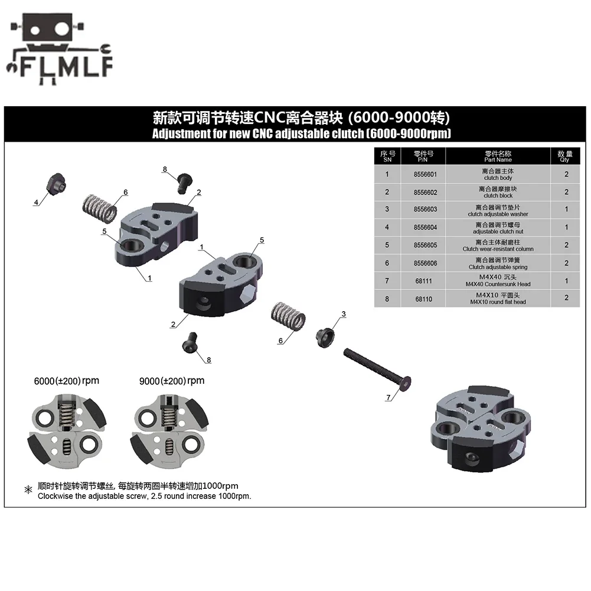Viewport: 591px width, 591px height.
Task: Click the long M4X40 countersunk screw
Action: pyautogui.click(x=378, y=367)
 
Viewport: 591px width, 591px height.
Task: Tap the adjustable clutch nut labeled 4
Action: pyautogui.click(x=57, y=184)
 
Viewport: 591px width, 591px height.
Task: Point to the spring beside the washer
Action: pyautogui.click(x=289, y=319)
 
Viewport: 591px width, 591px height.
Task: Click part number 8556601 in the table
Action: pyautogui.click(x=423, y=174)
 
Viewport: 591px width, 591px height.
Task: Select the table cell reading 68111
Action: pyautogui.click(x=423, y=281)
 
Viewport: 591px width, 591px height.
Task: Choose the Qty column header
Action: pyautogui.click(x=566, y=156)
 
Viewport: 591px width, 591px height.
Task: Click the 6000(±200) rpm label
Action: pyautogui.click(x=67, y=381)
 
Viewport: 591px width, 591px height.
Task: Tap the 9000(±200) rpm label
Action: pyautogui.click(x=172, y=381)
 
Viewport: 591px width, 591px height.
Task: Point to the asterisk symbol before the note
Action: pyautogui.click(x=28, y=490)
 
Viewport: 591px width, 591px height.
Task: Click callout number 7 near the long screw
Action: pyautogui.click(x=388, y=398)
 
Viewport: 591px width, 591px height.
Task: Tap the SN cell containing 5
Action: pyautogui.click(x=387, y=246)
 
